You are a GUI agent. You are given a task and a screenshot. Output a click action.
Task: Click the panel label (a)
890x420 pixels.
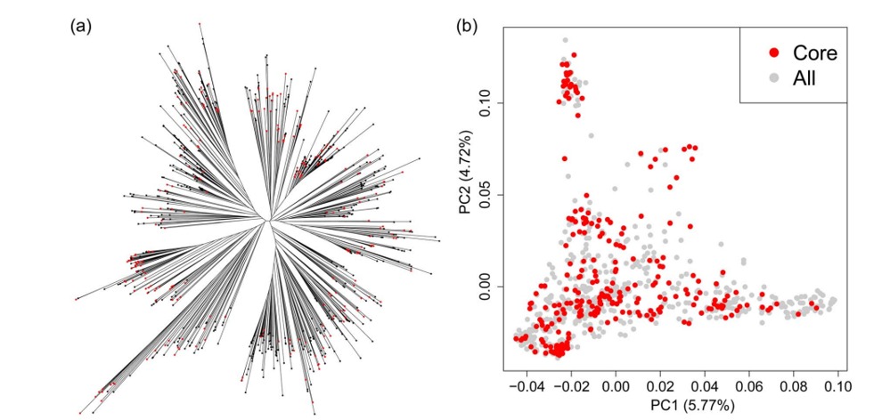pos(80,27)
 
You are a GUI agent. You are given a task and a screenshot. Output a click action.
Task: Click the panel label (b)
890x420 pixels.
pos(467,27)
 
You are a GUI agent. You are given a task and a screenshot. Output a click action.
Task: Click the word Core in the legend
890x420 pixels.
pos(815,53)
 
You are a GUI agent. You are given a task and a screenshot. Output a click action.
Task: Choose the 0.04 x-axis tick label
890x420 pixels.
pos(705,386)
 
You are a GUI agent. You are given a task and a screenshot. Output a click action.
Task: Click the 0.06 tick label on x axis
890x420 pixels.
pos(749,386)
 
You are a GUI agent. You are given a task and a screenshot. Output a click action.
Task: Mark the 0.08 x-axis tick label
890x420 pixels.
pos(794,386)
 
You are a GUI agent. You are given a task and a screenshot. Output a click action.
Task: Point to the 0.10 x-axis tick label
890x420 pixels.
pos(837,386)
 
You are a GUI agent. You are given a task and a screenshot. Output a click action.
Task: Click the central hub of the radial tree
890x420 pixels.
pos(269,219)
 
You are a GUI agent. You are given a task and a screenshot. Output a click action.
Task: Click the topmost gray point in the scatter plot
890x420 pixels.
pos(565,40)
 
